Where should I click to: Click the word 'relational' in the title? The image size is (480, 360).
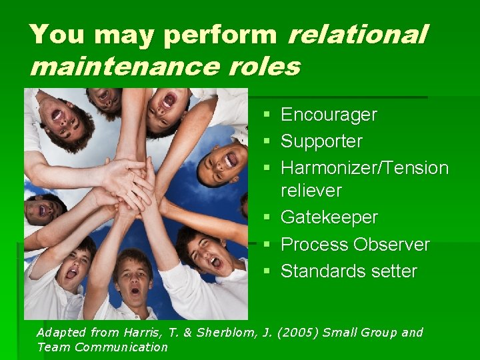point(357,35)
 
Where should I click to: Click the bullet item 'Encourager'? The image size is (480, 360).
point(329,115)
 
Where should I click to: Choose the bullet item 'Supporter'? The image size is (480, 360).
point(321,141)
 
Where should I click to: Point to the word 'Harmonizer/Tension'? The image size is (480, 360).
point(365,168)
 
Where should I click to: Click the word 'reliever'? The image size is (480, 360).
point(311,191)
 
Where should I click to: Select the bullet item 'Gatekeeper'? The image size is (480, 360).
point(329,218)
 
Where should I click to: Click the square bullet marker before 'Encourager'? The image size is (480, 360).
point(267,116)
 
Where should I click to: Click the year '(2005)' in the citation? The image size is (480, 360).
point(295,333)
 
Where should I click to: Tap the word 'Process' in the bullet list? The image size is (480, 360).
point(316,245)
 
